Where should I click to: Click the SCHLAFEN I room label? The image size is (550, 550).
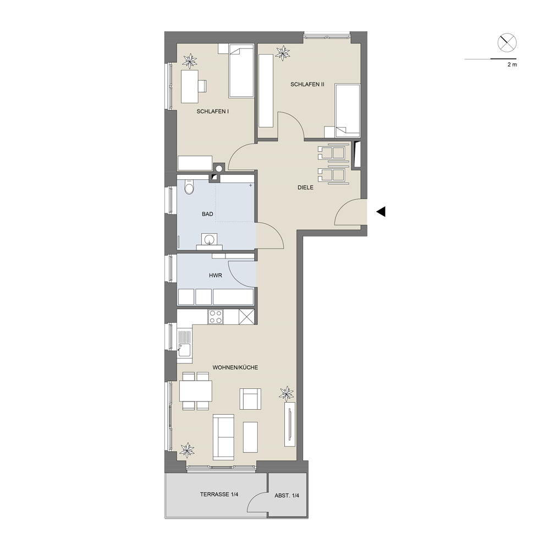point(212,112)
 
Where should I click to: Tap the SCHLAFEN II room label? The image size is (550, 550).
point(307,85)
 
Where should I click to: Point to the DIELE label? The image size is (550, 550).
point(305,188)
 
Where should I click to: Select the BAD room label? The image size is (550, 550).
point(207,214)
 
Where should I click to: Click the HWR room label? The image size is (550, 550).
point(216,276)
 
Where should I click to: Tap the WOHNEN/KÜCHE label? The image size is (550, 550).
point(235,367)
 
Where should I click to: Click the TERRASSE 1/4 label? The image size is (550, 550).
point(219,494)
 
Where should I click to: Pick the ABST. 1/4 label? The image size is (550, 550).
point(287,496)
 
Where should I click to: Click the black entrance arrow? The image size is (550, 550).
point(381,212)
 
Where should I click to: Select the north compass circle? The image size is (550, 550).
point(507,43)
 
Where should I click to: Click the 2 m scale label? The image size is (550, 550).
point(512,65)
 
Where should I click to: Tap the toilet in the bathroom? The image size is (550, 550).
point(189,188)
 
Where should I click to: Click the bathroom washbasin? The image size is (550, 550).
point(210,240)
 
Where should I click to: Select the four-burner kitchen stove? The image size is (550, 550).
point(216,317)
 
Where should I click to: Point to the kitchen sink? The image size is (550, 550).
point(184,350)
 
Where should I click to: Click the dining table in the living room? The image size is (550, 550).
point(196,391)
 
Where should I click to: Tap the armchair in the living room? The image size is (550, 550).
point(250,399)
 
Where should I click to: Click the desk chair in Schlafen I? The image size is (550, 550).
point(202,86)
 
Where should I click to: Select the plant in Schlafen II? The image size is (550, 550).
point(282,53)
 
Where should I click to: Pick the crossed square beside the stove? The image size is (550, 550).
point(246,317)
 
